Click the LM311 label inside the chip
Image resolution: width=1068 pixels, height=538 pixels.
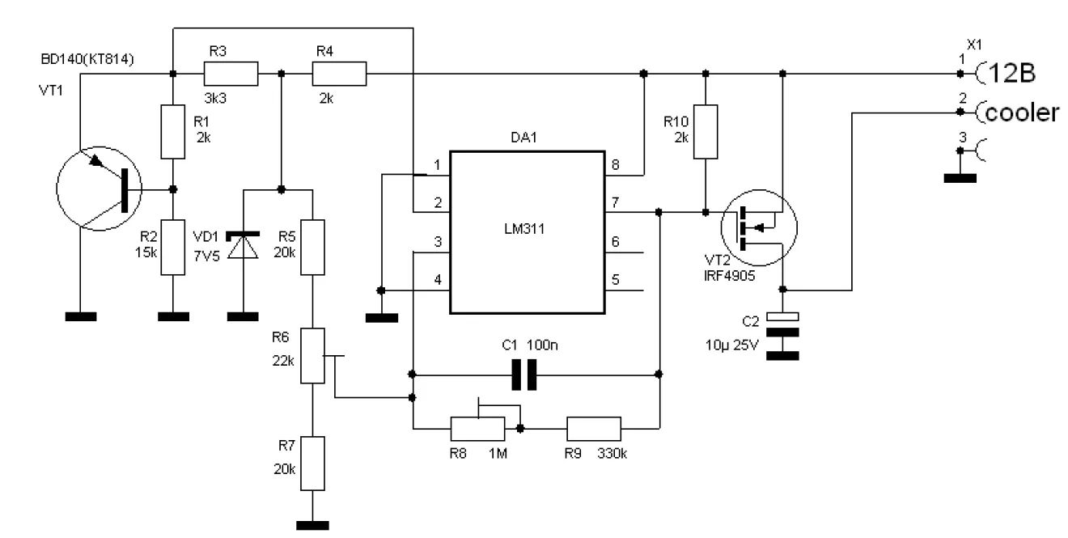[x=524, y=229]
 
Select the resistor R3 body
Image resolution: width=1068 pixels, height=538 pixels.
[x=231, y=74]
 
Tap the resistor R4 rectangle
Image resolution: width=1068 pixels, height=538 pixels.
[x=339, y=74]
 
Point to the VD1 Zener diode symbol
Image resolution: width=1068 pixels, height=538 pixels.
[x=244, y=246]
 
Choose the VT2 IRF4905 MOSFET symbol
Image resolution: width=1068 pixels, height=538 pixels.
[x=759, y=228]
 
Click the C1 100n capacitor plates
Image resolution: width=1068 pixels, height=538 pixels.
[x=523, y=375]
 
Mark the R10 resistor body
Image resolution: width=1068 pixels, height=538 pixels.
[x=706, y=132]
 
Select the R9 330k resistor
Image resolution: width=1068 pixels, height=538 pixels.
[x=594, y=429]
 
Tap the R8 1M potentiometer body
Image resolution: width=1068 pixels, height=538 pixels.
[x=477, y=429]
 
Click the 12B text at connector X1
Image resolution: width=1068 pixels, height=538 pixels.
[x=1011, y=74]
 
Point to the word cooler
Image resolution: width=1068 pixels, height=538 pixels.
[x=1022, y=113]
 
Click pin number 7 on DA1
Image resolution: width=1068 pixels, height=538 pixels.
[x=615, y=203]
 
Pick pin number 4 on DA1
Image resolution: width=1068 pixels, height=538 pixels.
[x=438, y=280]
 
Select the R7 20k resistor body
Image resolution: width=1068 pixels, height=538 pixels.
[x=312, y=464]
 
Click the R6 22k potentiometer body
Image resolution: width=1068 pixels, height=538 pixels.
[x=312, y=356]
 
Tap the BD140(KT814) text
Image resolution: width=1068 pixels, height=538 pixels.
[x=87, y=59]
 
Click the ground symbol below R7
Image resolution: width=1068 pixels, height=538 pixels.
[x=312, y=526]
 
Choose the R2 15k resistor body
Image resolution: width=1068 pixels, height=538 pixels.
[x=172, y=248]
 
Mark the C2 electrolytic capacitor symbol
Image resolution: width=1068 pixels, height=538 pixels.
[x=782, y=336]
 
